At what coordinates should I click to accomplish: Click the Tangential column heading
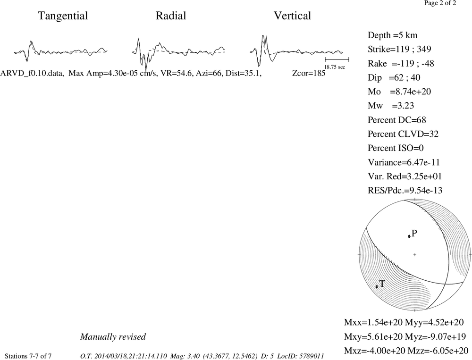(63, 16)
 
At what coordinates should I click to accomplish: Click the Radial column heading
(171, 16)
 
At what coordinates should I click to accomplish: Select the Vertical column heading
(292, 16)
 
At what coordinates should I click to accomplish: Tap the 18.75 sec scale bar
(337, 59)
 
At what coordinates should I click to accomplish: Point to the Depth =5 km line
(393, 35)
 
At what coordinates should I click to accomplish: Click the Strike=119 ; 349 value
(399, 49)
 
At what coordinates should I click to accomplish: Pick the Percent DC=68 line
(397, 120)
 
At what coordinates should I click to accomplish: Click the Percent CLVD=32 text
(403, 134)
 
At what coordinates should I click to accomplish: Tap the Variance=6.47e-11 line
(404, 162)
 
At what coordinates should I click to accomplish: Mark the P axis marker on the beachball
(409, 236)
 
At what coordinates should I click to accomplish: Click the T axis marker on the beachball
(377, 286)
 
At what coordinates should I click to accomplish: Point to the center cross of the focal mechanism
(415, 255)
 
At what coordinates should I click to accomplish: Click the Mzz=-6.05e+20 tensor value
(438, 351)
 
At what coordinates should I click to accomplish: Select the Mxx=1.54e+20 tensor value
(373, 322)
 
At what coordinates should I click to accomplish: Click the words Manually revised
(113, 337)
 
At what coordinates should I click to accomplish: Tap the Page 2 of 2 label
(440, 3)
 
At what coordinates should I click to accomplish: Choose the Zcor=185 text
(309, 73)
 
